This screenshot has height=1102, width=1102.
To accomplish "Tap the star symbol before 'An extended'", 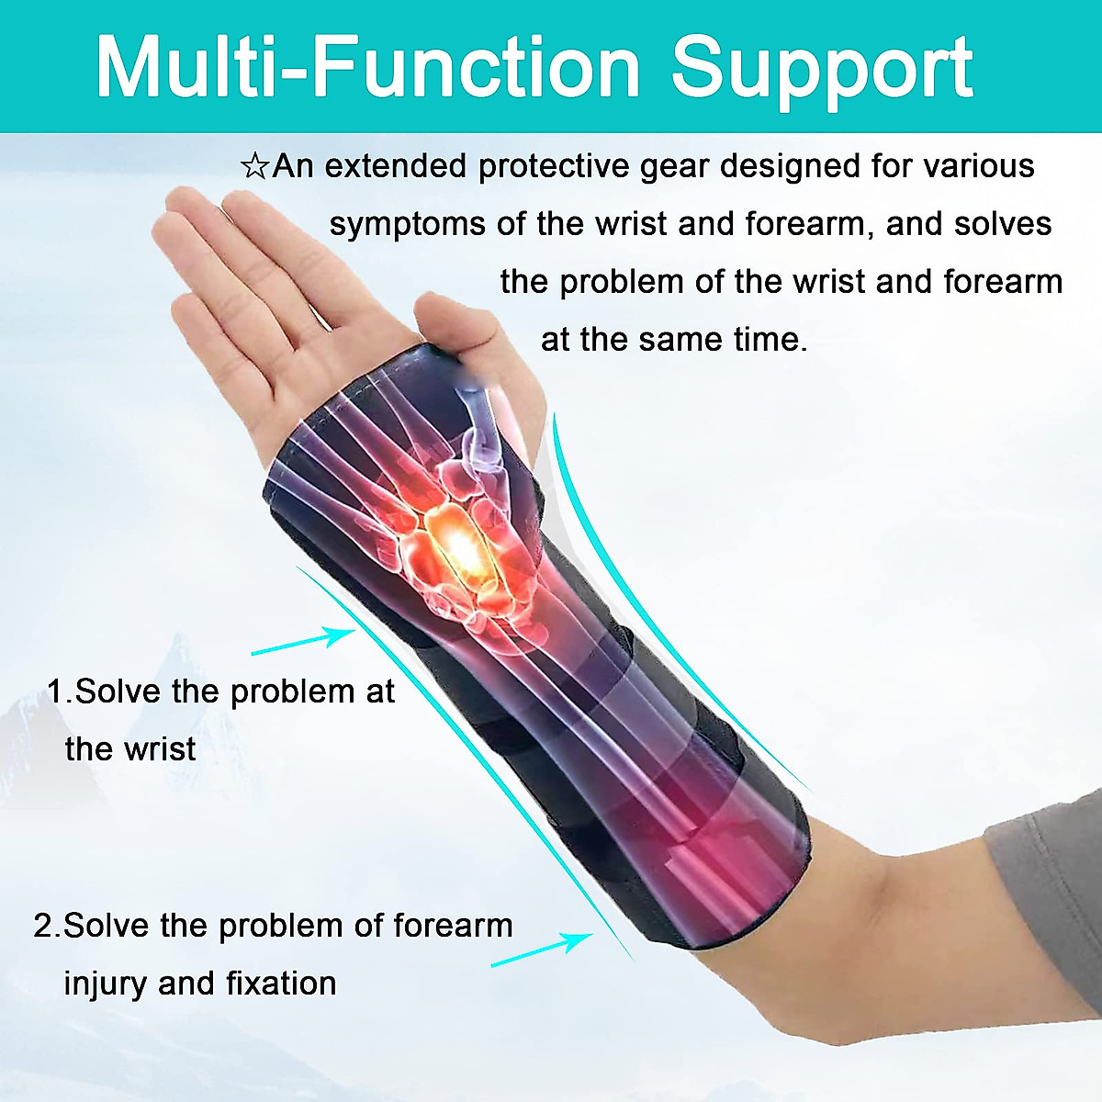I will click(254, 167).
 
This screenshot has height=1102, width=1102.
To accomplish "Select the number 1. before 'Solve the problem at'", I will click(60, 692).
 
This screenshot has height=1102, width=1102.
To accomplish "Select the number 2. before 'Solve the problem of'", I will click(47, 926).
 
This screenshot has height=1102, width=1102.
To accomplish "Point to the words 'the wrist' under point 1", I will click(130, 749).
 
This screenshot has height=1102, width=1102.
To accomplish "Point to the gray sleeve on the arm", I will click(1047, 882).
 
